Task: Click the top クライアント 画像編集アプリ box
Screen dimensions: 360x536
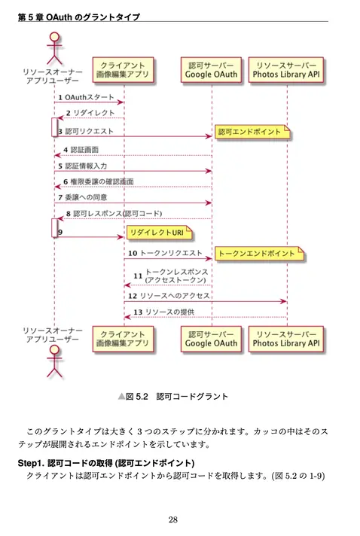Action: click(x=123, y=70)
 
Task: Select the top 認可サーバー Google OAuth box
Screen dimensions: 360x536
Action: click(x=211, y=70)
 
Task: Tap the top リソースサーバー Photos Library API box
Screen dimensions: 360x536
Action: click(x=285, y=70)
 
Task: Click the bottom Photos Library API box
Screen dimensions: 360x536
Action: click(x=285, y=339)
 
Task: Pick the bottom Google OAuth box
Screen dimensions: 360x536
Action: click(x=211, y=339)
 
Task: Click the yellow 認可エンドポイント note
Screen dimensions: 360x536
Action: click(x=252, y=132)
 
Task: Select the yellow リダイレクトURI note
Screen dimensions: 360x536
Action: click(x=159, y=233)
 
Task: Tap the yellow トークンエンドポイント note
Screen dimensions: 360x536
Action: click(x=259, y=254)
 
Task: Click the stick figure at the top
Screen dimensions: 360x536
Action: click(x=55, y=48)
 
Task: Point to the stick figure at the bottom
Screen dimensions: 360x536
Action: click(x=55, y=361)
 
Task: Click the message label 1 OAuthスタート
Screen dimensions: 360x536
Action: click(x=86, y=97)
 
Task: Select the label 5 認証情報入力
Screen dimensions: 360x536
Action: click(x=82, y=166)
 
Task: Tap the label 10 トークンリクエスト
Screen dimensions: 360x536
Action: click(x=165, y=253)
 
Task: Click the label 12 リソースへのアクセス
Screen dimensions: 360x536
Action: click(x=169, y=296)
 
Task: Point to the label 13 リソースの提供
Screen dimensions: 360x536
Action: click(x=163, y=312)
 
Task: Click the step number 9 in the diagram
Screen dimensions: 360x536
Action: click(x=60, y=232)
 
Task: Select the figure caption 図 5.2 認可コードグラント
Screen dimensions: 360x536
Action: click(x=173, y=397)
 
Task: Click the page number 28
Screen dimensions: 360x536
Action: click(x=173, y=519)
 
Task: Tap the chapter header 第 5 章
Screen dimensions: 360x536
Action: click(x=31, y=17)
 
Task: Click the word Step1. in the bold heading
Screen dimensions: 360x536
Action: click(x=31, y=463)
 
